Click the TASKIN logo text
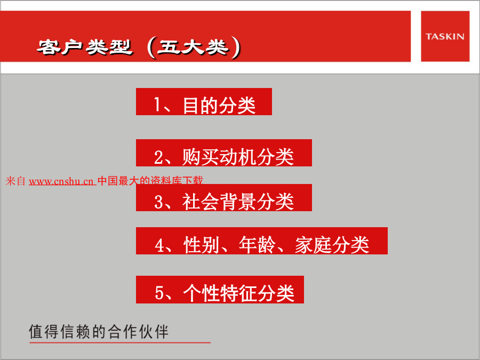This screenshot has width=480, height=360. (445, 36)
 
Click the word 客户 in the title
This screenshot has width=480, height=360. (60, 47)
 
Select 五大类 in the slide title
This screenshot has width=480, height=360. (193, 47)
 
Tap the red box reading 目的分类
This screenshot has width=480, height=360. (204, 102)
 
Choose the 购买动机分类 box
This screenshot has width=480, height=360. (224, 153)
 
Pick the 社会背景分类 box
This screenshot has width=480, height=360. (224, 197)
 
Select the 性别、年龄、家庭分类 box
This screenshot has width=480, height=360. (262, 241)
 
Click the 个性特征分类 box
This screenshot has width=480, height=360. (220, 290)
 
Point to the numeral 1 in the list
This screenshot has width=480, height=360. (157, 105)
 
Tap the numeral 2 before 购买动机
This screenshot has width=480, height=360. (158, 157)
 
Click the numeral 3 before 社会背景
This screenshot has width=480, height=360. (158, 202)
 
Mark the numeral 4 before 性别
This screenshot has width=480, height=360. (159, 245)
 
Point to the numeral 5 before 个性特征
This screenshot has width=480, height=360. (159, 293)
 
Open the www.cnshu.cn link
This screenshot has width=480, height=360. (62, 181)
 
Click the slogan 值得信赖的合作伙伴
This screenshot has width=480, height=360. (99, 332)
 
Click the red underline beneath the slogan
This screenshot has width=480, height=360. (120, 342)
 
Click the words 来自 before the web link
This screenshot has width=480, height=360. (15, 181)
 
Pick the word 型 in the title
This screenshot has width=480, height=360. (121, 47)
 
